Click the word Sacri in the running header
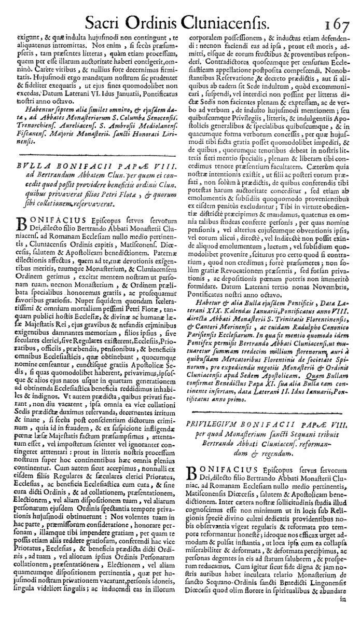tap(107, 22)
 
